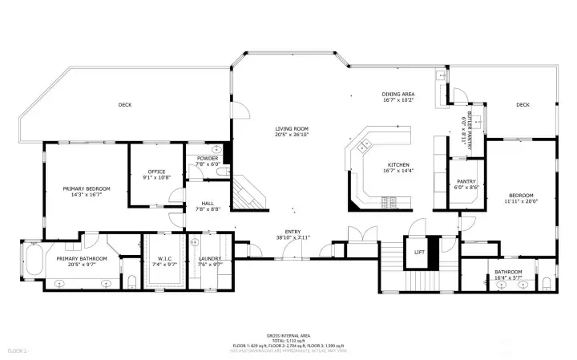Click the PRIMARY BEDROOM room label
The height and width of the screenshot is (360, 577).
[87, 188]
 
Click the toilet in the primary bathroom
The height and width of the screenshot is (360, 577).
[130, 280]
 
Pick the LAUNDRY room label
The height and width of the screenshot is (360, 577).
[209, 259]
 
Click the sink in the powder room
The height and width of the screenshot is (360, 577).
[216, 150]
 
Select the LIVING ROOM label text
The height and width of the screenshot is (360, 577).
[292, 128]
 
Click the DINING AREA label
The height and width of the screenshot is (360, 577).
[397, 95]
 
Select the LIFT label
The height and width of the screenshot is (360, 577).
[418, 253]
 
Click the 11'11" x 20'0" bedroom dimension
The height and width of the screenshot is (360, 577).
[520, 202]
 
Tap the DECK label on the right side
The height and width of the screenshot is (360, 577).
[523, 104]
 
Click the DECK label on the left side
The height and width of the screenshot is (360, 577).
[124, 104]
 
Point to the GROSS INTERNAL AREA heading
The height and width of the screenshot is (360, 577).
[288, 335]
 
